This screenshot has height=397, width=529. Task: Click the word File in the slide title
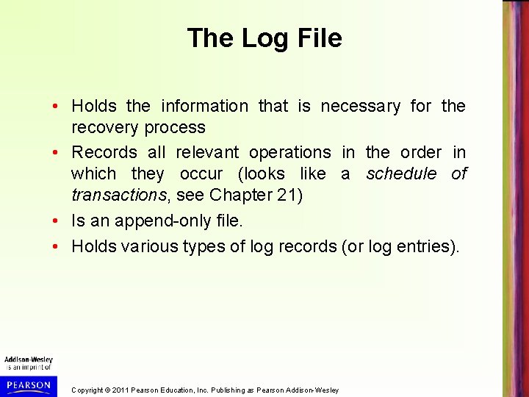(317, 38)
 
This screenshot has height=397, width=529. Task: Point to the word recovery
(101, 128)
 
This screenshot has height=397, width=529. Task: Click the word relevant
(207, 153)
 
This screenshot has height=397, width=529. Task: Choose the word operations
(290, 153)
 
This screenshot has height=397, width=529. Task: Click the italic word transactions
(118, 196)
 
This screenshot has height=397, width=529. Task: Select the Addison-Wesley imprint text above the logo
(29, 360)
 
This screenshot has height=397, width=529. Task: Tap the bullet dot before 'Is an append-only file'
(57, 221)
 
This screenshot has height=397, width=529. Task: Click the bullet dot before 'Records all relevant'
(57, 153)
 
